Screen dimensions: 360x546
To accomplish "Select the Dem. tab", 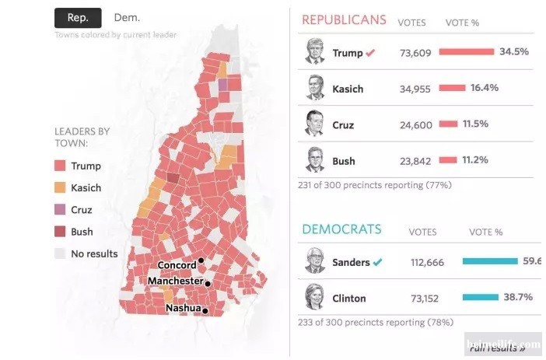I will click(127, 17).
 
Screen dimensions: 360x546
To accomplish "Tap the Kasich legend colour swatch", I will click(60, 187).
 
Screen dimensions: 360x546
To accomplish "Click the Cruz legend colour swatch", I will click(60, 209).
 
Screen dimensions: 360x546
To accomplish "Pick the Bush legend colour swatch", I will click(60, 231).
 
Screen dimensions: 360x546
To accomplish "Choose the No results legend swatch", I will click(60, 253).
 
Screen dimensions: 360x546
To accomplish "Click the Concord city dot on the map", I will click(201, 260).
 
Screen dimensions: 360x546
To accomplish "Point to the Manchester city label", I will click(175, 281).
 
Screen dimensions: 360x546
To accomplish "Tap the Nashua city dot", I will click(205, 310).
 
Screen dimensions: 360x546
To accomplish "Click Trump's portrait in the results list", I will click(315, 52).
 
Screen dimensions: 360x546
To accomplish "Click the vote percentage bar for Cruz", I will click(448, 124).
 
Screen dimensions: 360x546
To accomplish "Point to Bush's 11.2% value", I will click(475, 160).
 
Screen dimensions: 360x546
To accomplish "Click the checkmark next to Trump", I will click(371, 53).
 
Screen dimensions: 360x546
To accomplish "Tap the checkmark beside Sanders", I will click(377, 262).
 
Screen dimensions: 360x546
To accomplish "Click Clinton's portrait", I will click(315, 298).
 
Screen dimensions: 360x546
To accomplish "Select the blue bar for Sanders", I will click(489, 261).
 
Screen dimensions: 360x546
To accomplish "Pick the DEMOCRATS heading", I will click(341, 229).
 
